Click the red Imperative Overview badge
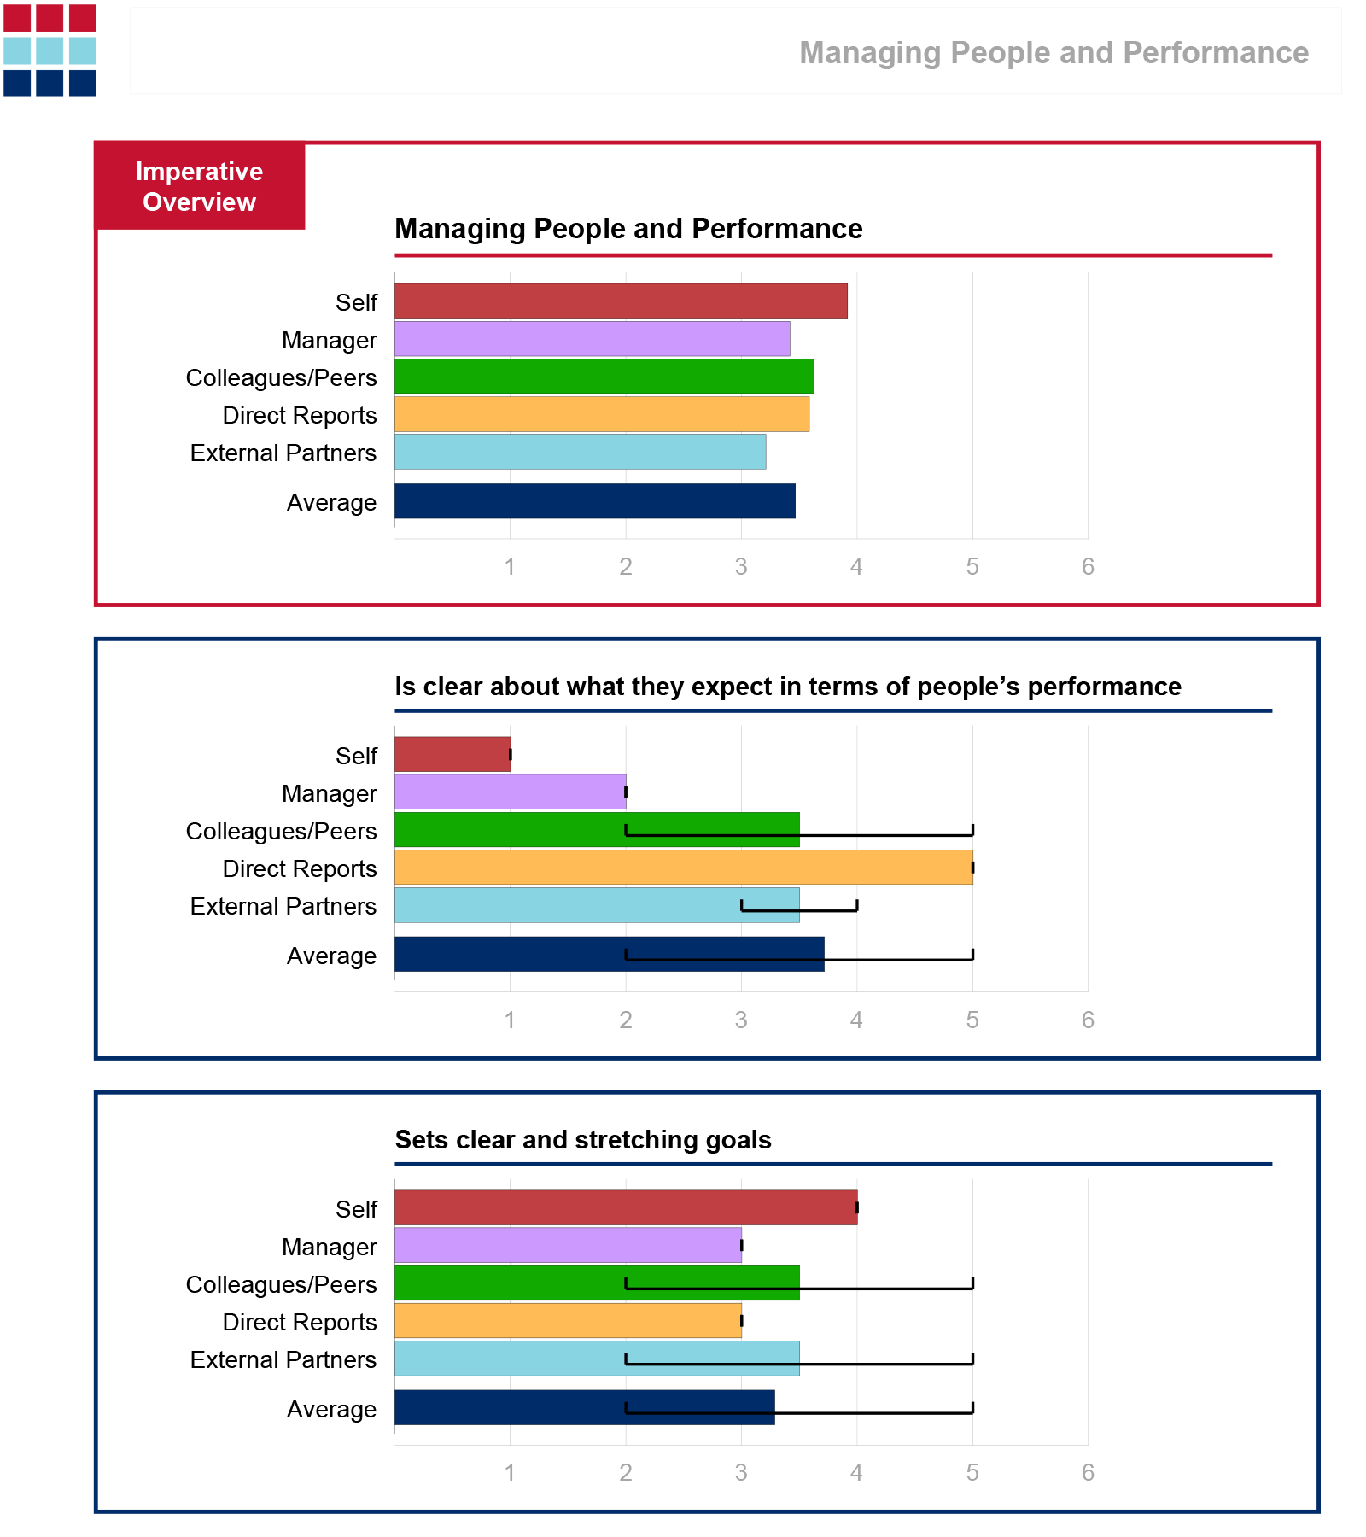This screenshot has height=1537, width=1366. (199, 186)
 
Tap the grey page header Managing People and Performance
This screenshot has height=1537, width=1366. (1054, 53)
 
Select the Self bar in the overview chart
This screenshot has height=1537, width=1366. (621, 301)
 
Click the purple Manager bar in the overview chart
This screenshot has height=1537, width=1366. (592, 339)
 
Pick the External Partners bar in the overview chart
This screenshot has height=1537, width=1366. (580, 452)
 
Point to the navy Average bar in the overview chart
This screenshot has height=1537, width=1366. (594, 501)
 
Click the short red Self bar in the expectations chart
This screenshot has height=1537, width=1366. (452, 755)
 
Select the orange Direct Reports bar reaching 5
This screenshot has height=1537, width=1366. (683, 868)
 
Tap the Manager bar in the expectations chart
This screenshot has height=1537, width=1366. (510, 792)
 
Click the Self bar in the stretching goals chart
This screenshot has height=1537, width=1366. (626, 1208)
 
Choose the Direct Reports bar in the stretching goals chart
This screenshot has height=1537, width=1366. (568, 1321)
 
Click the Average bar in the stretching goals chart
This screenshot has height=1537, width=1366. (584, 1408)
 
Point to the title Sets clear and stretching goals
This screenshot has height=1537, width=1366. (583, 1140)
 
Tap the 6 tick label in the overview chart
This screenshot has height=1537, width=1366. (1088, 567)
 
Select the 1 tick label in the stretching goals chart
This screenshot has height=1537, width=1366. (510, 1473)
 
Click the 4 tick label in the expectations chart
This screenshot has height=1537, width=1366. (856, 1020)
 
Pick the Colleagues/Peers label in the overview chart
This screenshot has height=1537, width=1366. (281, 377)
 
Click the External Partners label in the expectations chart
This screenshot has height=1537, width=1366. (283, 906)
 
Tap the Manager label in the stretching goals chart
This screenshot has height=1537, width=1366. (329, 1248)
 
